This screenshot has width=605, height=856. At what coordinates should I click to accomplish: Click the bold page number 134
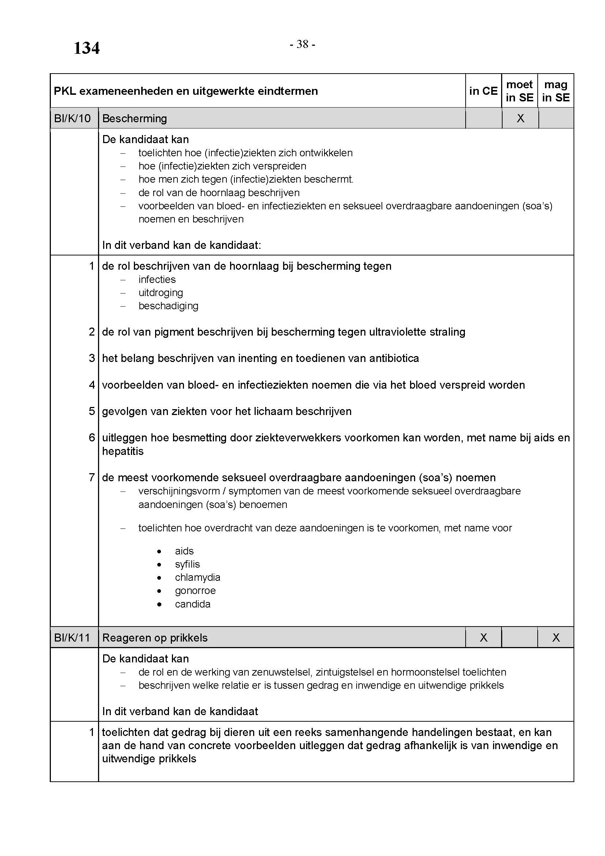click(x=86, y=48)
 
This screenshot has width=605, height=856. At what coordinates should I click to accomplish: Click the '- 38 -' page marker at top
click(x=302, y=44)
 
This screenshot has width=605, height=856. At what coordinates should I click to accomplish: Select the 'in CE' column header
click(x=483, y=91)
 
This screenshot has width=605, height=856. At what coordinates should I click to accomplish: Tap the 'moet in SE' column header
click(x=520, y=91)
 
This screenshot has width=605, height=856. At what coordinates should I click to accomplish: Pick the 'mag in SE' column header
click(x=556, y=91)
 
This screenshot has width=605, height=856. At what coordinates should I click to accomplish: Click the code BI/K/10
click(x=72, y=119)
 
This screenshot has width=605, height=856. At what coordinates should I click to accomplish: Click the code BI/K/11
click(x=72, y=638)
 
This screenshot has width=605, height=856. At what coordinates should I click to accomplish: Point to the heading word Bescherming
click(x=135, y=119)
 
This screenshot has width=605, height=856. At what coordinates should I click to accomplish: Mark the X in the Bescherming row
click(x=521, y=119)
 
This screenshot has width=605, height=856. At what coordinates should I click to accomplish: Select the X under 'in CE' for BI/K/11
click(x=484, y=638)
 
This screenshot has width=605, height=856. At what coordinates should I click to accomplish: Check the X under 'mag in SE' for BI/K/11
click(x=556, y=638)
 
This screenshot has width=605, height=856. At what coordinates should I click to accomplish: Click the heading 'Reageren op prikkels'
click(x=155, y=638)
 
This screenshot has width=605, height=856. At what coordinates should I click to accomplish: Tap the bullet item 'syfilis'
click(x=187, y=564)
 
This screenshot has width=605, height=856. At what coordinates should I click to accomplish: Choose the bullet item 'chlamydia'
click(x=198, y=577)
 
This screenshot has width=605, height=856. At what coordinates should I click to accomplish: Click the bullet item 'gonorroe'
click(x=195, y=591)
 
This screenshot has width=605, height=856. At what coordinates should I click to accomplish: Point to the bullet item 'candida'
click(x=193, y=604)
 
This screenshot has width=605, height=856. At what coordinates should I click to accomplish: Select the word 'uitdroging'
click(x=161, y=293)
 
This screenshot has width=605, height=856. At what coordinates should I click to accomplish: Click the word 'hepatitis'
click(x=123, y=451)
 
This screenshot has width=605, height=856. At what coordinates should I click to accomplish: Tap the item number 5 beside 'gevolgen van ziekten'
click(x=92, y=411)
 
